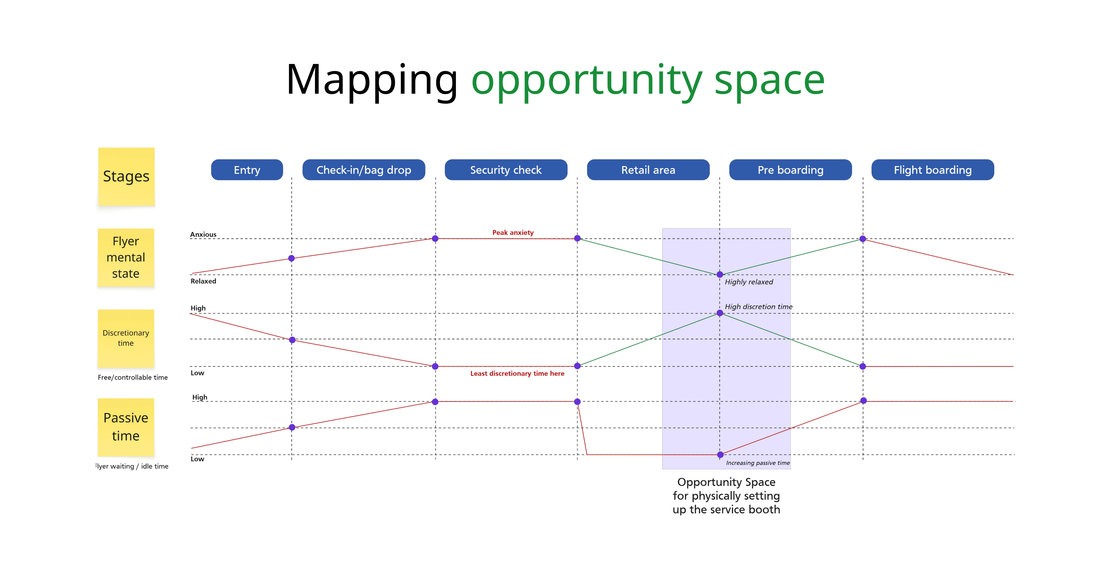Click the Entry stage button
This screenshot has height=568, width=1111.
(x=247, y=170)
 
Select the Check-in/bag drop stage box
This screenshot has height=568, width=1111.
(x=364, y=170)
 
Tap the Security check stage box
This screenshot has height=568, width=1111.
(x=506, y=170)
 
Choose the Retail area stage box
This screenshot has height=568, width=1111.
(x=648, y=170)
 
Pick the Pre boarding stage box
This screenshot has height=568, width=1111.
(x=790, y=170)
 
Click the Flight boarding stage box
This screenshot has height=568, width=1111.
(x=933, y=170)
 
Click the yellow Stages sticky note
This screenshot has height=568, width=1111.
(x=126, y=177)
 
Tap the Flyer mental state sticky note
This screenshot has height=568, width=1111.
(x=126, y=257)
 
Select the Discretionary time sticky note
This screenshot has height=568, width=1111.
(x=126, y=338)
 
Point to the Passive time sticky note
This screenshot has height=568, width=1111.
(x=126, y=427)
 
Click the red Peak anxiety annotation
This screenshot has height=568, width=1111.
(x=513, y=233)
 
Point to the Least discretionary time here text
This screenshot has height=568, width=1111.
(x=517, y=374)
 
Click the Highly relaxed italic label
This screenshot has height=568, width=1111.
(x=749, y=282)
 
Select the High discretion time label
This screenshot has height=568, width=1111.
(x=759, y=307)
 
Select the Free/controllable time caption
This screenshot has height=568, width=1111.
(x=133, y=377)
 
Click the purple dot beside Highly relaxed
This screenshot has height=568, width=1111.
(x=720, y=274)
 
